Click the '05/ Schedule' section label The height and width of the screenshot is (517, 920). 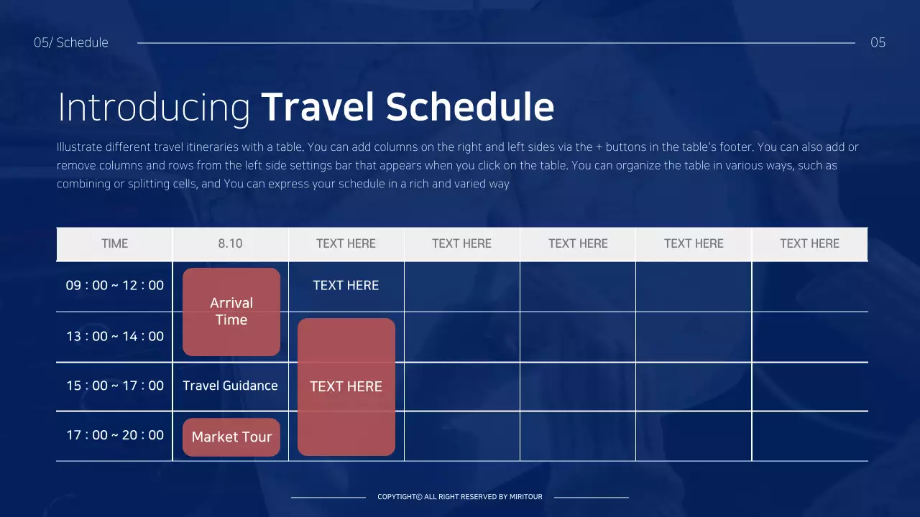(71, 42)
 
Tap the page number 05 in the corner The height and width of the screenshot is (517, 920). (878, 42)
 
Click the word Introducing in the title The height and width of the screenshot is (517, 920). (153, 107)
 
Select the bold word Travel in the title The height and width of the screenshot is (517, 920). (317, 107)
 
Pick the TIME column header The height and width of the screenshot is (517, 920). (114, 243)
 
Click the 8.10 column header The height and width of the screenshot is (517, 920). (230, 243)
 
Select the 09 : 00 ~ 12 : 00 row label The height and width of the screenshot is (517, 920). (114, 285)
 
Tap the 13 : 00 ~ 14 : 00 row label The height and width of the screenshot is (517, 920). (114, 336)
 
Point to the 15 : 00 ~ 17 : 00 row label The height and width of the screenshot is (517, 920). (114, 386)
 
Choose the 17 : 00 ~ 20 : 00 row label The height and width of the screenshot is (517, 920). (114, 434)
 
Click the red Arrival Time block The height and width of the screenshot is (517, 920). (231, 312)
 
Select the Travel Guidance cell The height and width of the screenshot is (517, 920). (230, 386)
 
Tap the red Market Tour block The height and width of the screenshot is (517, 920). (231, 437)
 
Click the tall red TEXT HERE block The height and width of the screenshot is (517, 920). (346, 386)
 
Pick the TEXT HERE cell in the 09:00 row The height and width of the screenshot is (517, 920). (346, 285)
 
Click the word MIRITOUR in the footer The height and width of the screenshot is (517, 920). (526, 497)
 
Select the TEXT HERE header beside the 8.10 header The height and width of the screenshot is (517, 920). (346, 243)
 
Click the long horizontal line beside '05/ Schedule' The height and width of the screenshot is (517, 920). (496, 43)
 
